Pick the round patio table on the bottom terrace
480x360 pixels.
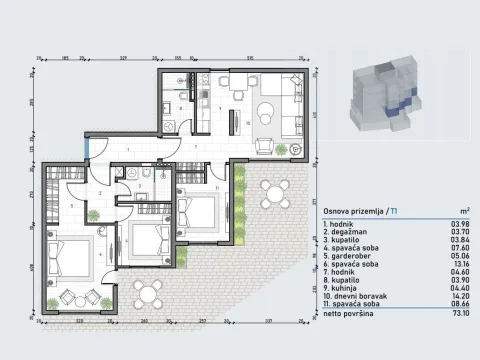pos(150,293)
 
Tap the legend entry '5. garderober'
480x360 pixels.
pos(353,254)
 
